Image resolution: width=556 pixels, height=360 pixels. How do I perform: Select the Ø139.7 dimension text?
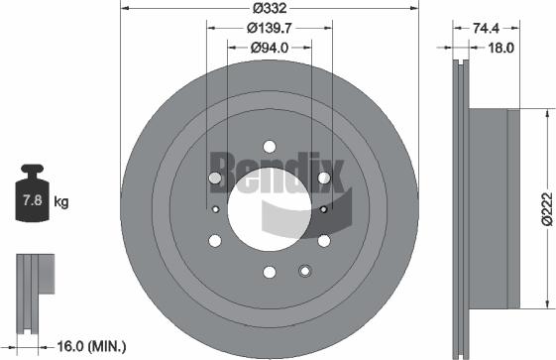pyautogui.click(x=270, y=29)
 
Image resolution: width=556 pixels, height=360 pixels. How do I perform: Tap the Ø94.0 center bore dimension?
pyautogui.click(x=270, y=46)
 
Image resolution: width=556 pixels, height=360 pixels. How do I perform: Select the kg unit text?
pyautogui.click(x=61, y=202)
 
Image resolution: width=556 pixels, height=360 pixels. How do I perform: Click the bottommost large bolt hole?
pyautogui.click(x=270, y=272)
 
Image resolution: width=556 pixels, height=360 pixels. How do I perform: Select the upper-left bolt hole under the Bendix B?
pyautogui.click(x=215, y=178)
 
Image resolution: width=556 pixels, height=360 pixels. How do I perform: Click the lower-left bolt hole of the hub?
pyautogui.click(x=215, y=240)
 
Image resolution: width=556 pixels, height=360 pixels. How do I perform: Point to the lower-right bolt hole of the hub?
pyautogui.click(x=324, y=240)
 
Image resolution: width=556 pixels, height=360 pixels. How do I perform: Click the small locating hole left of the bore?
pyautogui.click(x=215, y=208)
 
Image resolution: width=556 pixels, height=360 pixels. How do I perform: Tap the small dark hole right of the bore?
pyautogui.click(x=324, y=208)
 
